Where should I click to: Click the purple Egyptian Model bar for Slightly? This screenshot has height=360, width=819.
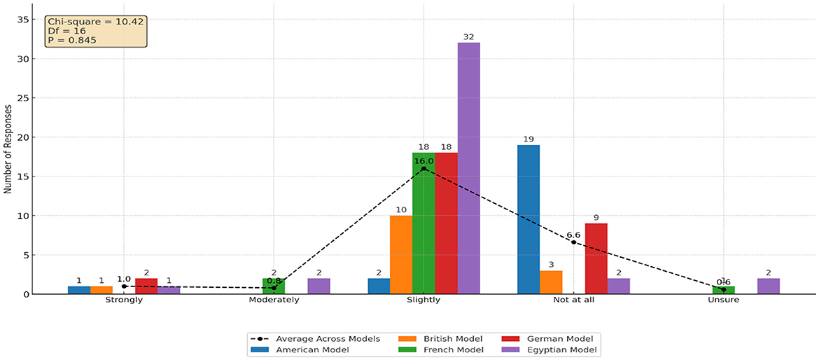pyautogui.click(x=468, y=168)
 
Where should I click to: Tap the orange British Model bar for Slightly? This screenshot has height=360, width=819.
pyautogui.click(x=401, y=255)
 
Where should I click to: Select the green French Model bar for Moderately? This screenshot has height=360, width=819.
pyautogui.click(x=274, y=286)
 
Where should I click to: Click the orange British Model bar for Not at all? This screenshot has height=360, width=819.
pyautogui.click(x=551, y=282)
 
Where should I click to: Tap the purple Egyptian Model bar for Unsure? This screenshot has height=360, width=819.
pyautogui.click(x=768, y=286)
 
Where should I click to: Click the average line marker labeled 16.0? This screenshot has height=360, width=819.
pyautogui.click(x=423, y=168)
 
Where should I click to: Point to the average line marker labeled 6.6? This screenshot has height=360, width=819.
pyautogui.click(x=573, y=242)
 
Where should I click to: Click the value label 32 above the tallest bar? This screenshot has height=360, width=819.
pyautogui.click(x=468, y=36)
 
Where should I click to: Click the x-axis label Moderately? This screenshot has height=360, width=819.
pyautogui.click(x=274, y=300)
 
